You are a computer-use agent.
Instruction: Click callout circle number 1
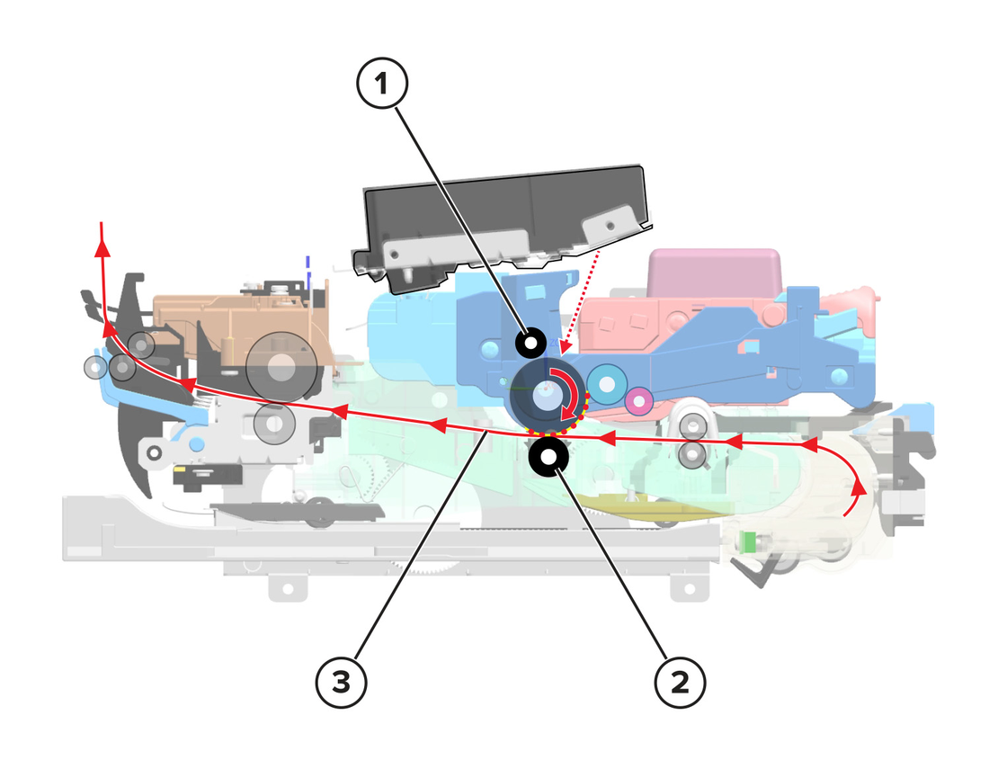(x=382, y=83)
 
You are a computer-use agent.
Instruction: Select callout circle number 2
(x=680, y=682)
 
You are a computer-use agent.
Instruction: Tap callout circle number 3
(x=342, y=682)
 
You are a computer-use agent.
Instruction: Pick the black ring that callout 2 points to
(x=548, y=456)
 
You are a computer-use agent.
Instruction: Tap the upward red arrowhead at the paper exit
(x=102, y=246)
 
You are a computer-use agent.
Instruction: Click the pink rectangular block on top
(x=715, y=273)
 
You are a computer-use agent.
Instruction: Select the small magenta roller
(x=639, y=400)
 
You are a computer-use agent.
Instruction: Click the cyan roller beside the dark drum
(x=607, y=384)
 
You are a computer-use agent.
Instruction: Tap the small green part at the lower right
(x=749, y=541)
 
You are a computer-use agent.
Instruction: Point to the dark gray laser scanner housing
(x=503, y=228)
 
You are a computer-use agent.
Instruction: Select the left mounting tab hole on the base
(x=288, y=588)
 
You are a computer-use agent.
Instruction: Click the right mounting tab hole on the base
(x=690, y=588)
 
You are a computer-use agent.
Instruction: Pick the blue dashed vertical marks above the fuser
(x=308, y=271)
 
